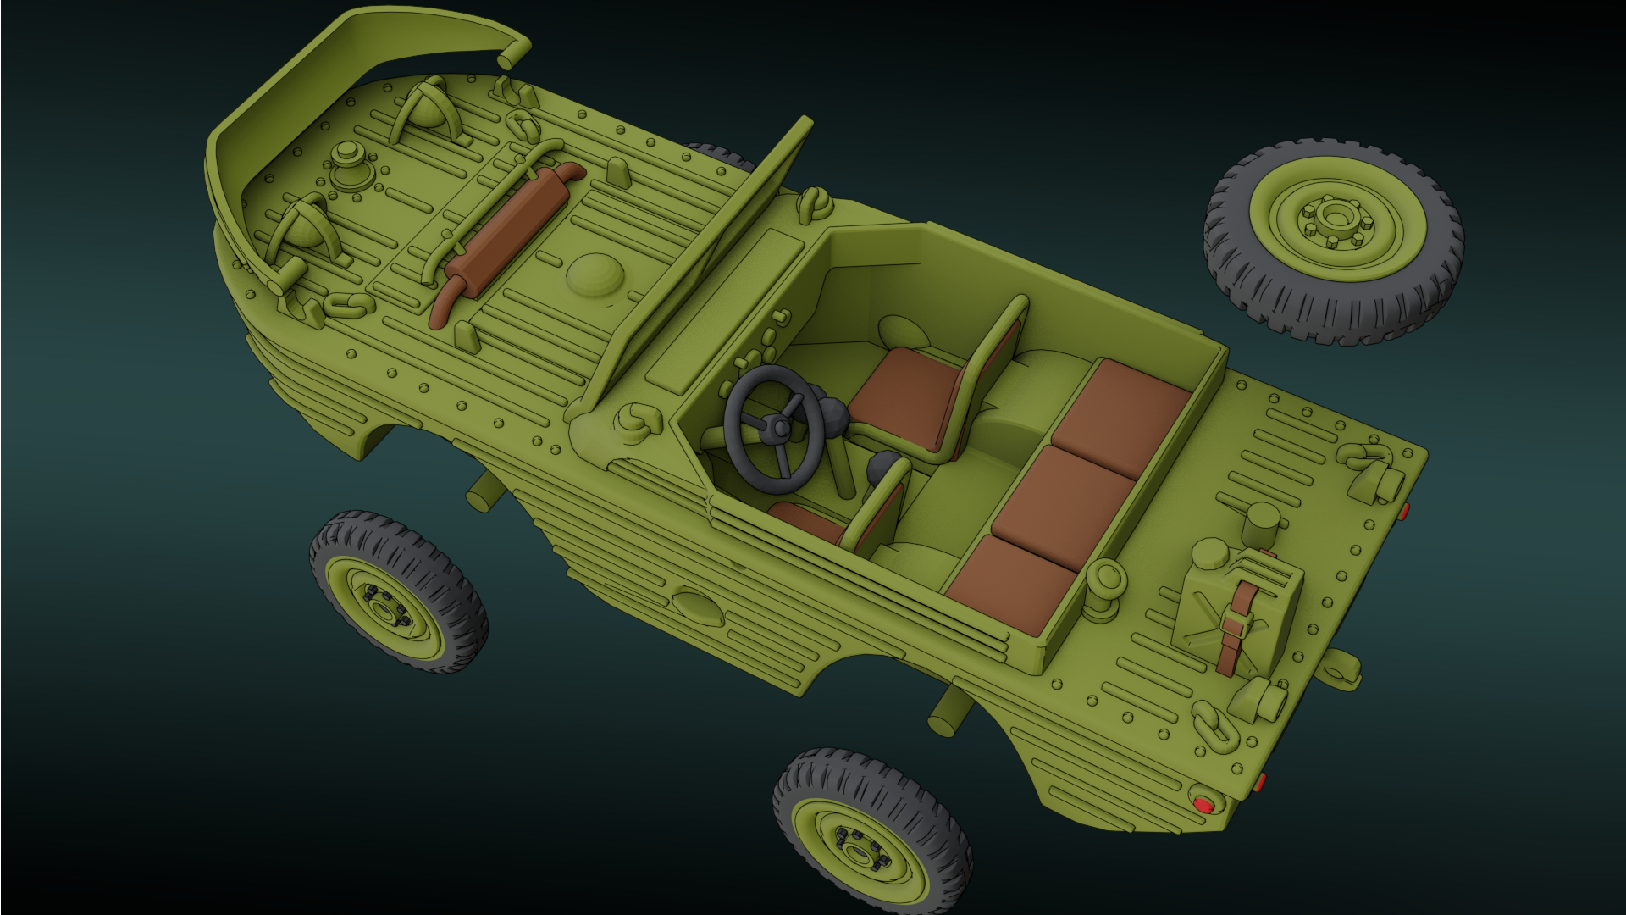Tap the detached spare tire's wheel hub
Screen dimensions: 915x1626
tap(1335, 218)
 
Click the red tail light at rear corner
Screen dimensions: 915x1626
tap(1202, 804)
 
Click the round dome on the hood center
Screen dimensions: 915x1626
tap(595, 274)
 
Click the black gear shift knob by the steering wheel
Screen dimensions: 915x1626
tap(886, 466)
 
